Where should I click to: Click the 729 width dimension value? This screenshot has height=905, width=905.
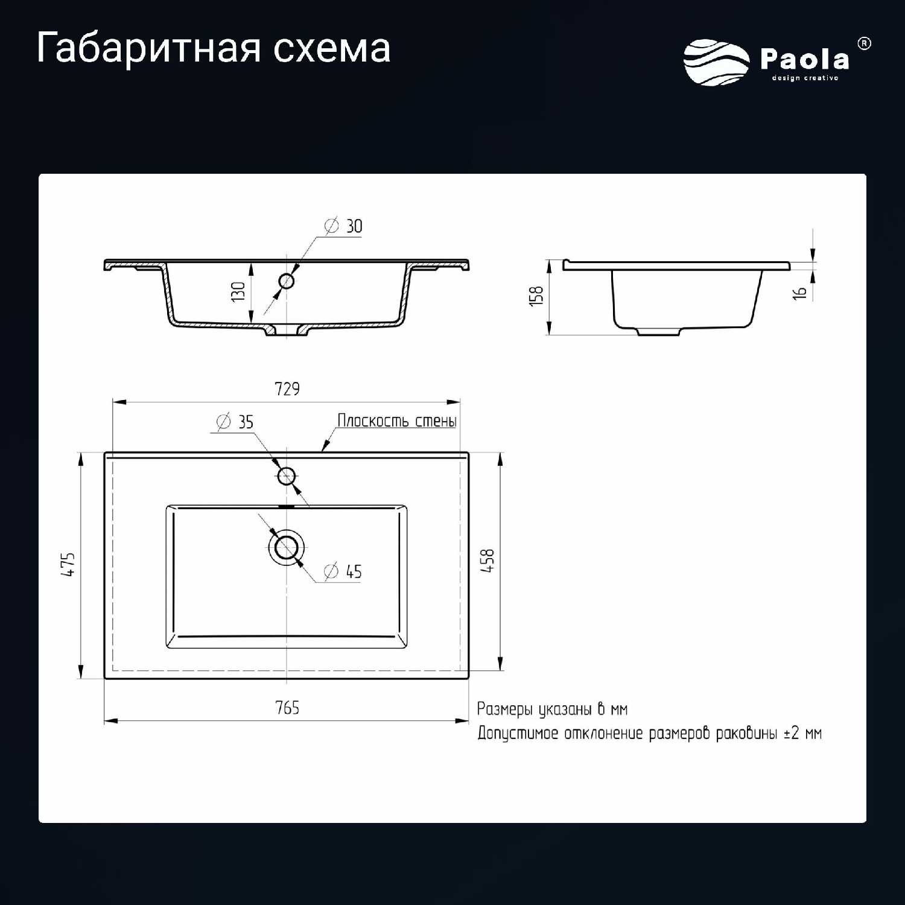pyautogui.click(x=287, y=389)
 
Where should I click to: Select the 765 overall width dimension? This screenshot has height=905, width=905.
pyautogui.click(x=287, y=708)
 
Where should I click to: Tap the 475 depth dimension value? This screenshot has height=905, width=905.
pyautogui.click(x=68, y=565)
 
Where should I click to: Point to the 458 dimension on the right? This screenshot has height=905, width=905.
pyautogui.click(x=487, y=560)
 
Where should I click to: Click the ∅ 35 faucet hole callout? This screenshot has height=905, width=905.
pyautogui.click(x=235, y=422)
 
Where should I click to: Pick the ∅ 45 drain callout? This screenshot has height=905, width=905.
pyautogui.click(x=343, y=571)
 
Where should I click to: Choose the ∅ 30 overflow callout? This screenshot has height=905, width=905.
pyautogui.click(x=343, y=226)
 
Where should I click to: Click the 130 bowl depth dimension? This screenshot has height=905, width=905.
pyautogui.click(x=238, y=292)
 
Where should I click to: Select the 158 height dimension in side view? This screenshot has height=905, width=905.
pyautogui.click(x=536, y=296)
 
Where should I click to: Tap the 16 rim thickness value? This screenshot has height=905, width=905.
pyautogui.click(x=799, y=293)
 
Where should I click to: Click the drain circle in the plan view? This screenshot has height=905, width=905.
pyautogui.click(x=286, y=548)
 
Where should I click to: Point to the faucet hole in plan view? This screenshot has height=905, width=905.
pyautogui.click(x=286, y=476)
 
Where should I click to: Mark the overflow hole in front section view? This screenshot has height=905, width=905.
pyautogui.click(x=286, y=281)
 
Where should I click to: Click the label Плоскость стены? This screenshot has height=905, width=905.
pyautogui.click(x=397, y=421)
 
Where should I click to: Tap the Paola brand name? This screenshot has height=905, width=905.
pyautogui.click(x=805, y=59)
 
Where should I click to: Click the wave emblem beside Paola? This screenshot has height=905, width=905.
pyautogui.click(x=717, y=62)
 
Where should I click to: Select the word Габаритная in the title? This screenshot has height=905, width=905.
pyautogui.click(x=148, y=48)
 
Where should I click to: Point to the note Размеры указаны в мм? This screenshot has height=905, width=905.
pyautogui.click(x=553, y=709)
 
